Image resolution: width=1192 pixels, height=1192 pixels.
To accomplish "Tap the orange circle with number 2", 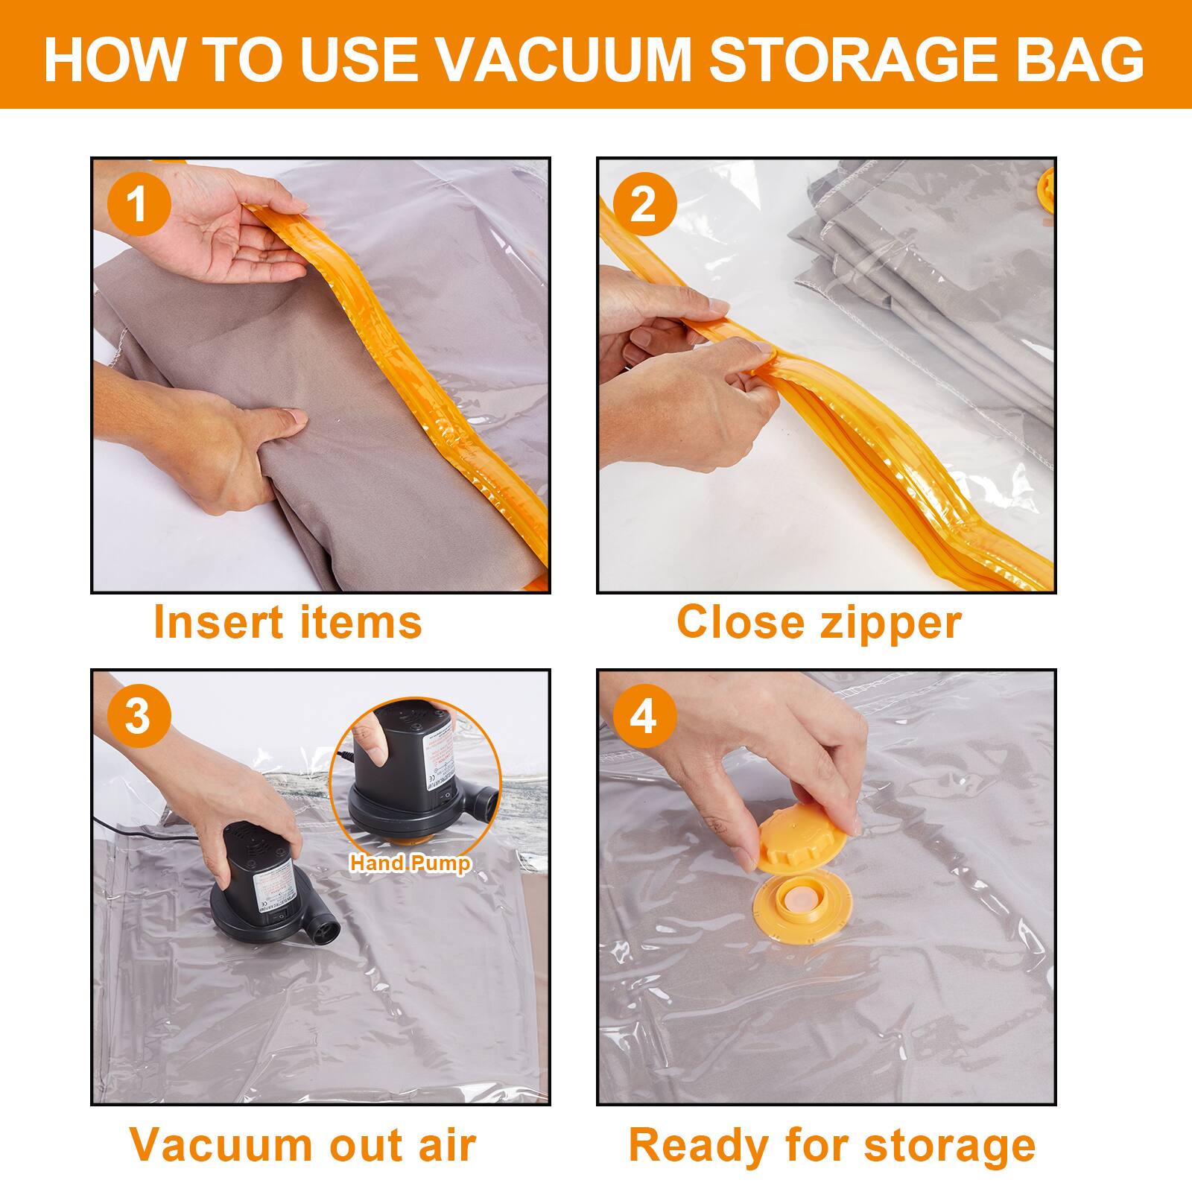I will (x=644, y=203).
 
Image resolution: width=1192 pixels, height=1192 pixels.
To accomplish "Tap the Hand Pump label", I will (x=410, y=863).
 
